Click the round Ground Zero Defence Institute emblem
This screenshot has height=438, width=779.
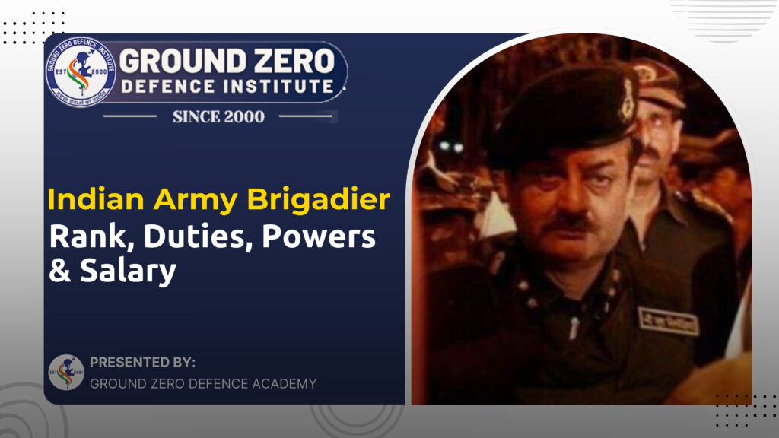coord(81,71)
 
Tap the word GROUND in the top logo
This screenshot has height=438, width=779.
coord(176,60)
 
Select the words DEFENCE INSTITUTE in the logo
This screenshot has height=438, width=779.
coord(227,86)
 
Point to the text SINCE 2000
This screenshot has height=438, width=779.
coord(218,116)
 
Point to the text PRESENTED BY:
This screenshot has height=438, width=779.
coord(142,363)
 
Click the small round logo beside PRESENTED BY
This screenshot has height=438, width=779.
coord(66,373)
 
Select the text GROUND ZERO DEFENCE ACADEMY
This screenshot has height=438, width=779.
coord(203,383)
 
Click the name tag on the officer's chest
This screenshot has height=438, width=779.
coord(667,321)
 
